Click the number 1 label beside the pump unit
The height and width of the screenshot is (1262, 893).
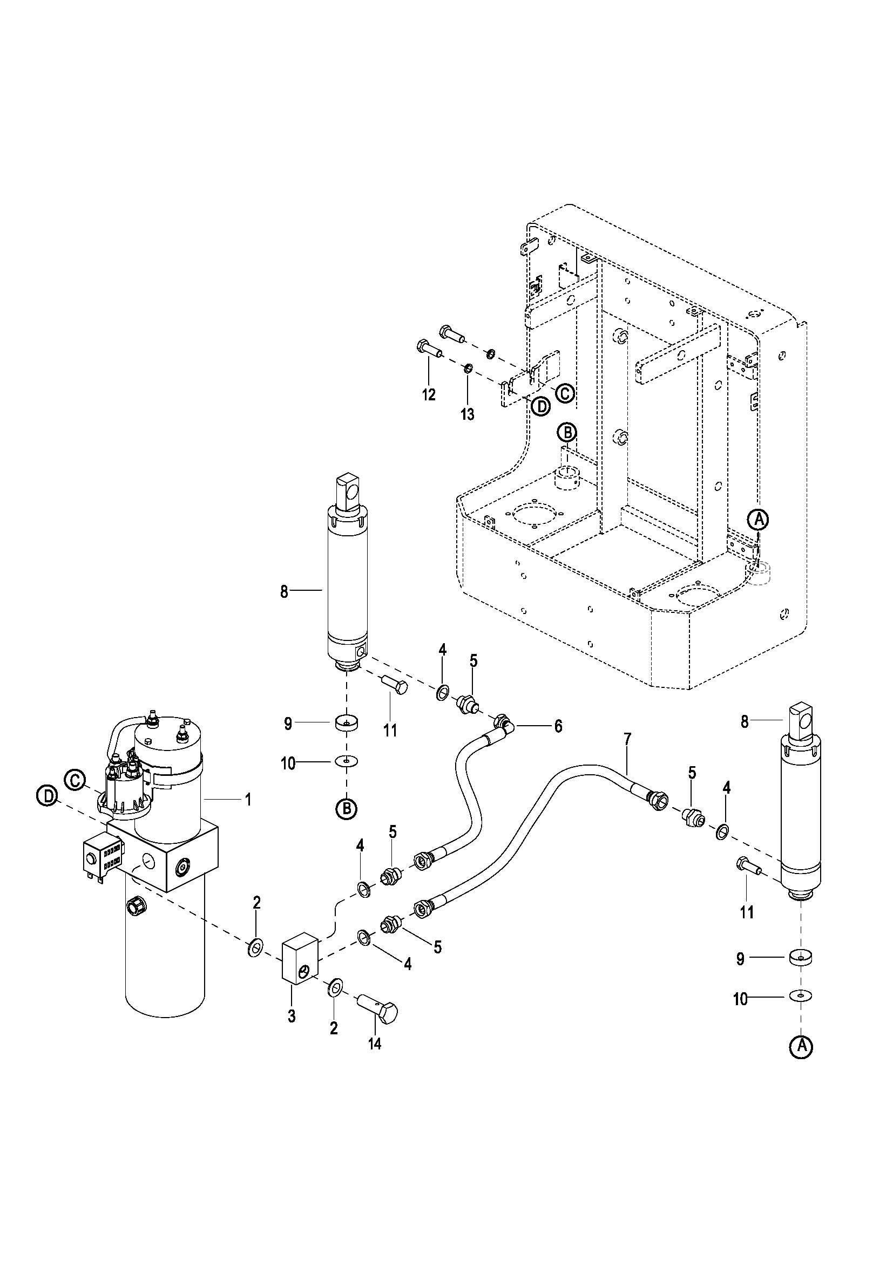(248, 799)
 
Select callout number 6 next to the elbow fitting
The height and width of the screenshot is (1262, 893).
(558, 726)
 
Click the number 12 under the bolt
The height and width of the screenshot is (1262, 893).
(428, 394)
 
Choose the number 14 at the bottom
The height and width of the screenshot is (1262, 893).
(375, 1059)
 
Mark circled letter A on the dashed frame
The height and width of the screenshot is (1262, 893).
(759, 519)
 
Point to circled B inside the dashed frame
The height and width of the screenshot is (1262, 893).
(567, 433)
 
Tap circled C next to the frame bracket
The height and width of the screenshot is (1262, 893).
(564, 393)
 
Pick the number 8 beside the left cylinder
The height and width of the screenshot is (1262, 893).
(284, 592)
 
